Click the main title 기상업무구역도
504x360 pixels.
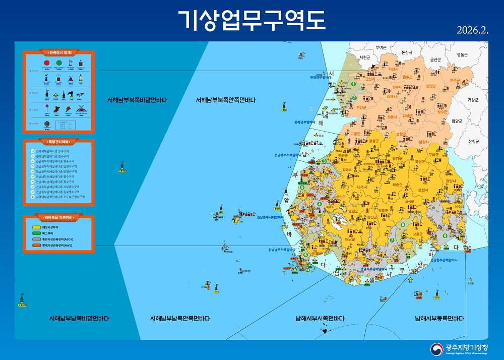(x=252, y=20)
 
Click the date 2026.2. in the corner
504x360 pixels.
(x=473, y=30)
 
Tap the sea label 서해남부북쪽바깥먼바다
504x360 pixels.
(x=137, y=100)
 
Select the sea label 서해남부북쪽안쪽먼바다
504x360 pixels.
(x=226, y=100)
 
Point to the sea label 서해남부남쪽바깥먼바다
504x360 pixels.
(x=79, y=319)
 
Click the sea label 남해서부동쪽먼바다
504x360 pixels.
(x=439, y=319)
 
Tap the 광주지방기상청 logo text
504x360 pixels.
(x=467, y=347)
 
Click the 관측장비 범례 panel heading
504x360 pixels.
(x=58, y=52)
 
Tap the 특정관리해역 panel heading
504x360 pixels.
(x=58, y=142)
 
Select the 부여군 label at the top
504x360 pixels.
(x=382, y=48)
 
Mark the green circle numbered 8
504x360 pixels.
(x=403, y=225)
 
